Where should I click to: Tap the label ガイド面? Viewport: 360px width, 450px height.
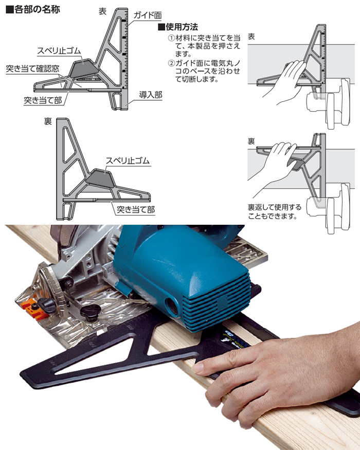(148, 15)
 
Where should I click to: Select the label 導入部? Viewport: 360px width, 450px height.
(151, 95)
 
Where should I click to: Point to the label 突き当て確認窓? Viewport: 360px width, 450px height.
(32, 68)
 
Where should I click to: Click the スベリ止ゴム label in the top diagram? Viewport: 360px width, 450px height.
(59, 51)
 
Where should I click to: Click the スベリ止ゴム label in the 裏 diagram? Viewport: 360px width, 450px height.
(128, 160)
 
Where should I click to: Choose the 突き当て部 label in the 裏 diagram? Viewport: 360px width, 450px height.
(136, 209)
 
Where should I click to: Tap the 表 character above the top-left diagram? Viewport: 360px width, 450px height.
(102, 11)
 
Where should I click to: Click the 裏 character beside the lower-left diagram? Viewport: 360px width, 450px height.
(48, 121)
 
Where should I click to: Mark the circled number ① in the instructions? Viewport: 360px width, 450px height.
(171, 38)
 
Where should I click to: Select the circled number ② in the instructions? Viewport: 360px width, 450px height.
(171, 63)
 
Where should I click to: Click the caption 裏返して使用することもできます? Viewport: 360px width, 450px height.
(275, 211)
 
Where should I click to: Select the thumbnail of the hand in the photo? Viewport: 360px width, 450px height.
(198, 367)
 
